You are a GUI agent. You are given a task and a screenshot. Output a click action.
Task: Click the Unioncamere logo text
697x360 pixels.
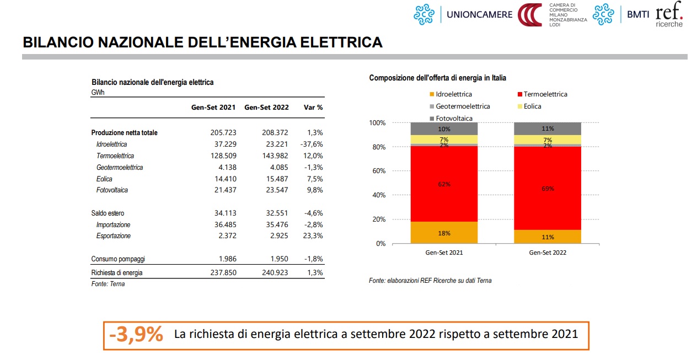click(x=479, y=14)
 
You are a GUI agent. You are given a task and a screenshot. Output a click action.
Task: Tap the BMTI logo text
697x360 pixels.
click(x=639, y=15)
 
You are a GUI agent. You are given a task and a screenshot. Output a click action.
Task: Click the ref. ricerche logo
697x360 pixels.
click(x=669, y=14)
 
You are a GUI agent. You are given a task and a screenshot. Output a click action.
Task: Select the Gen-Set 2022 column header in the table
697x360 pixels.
click(x=266, y=108)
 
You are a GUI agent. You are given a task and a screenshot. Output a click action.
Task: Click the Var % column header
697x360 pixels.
click(x=313, y=108)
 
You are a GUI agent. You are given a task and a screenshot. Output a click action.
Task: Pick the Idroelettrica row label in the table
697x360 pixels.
click(x=112, y=144)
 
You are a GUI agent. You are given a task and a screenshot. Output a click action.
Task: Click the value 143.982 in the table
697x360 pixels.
click(x=274, y=156)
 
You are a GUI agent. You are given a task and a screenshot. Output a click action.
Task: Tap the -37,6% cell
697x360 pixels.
click(x=311, y=144)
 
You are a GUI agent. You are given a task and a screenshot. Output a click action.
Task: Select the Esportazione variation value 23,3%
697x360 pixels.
click(x=313, y=236)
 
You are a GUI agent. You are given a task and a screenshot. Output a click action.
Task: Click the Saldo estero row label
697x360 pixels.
click(x=108, y=213)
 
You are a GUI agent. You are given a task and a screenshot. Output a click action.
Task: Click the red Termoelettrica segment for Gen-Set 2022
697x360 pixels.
click(x=548, y=187)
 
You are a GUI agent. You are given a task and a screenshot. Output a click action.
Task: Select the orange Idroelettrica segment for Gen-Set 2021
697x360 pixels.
click(x=444, y=233)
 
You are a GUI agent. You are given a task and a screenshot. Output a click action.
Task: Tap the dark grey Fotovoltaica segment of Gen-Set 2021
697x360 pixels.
click(x=444, y=128)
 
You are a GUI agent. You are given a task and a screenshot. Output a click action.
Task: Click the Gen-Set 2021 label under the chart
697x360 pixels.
click(x=444, y=253)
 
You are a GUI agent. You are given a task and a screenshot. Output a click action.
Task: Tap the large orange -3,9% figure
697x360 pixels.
click(x=136, y=335)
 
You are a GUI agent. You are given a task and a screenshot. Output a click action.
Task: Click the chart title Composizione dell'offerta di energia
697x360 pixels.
click(x=437, y=78)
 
